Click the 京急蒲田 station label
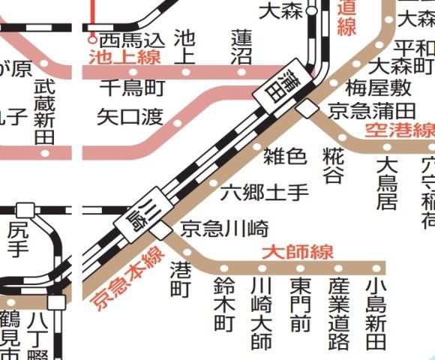[x=370, y=110]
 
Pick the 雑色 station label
[x=285, y=157]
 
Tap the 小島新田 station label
[x=376, y=313]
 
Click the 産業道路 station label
[x=338, y=313]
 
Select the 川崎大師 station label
[x=261, y=313]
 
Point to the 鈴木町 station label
[x=224, y=304]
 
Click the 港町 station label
[x=181, y=277]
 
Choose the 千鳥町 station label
[x=132, y=88]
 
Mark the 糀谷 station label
[x=332, y=166]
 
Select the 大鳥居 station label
[x=386, y=183]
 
